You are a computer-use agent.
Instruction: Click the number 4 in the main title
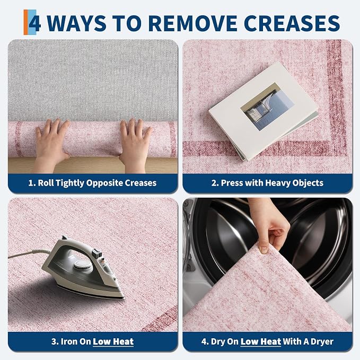coord(34,23)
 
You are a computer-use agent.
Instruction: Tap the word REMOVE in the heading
coord(192,23)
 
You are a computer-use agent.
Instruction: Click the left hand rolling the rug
coord(51,145)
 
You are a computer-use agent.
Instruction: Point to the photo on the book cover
coord(267,107)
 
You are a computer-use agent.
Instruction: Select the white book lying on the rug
coord(264,111)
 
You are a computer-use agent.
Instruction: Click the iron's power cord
coord(29,253)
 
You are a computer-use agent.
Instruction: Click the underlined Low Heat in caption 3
coord(113,341)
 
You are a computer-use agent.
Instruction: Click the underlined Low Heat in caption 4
coord(261,341)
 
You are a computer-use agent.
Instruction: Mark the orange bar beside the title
coord(25,22)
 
